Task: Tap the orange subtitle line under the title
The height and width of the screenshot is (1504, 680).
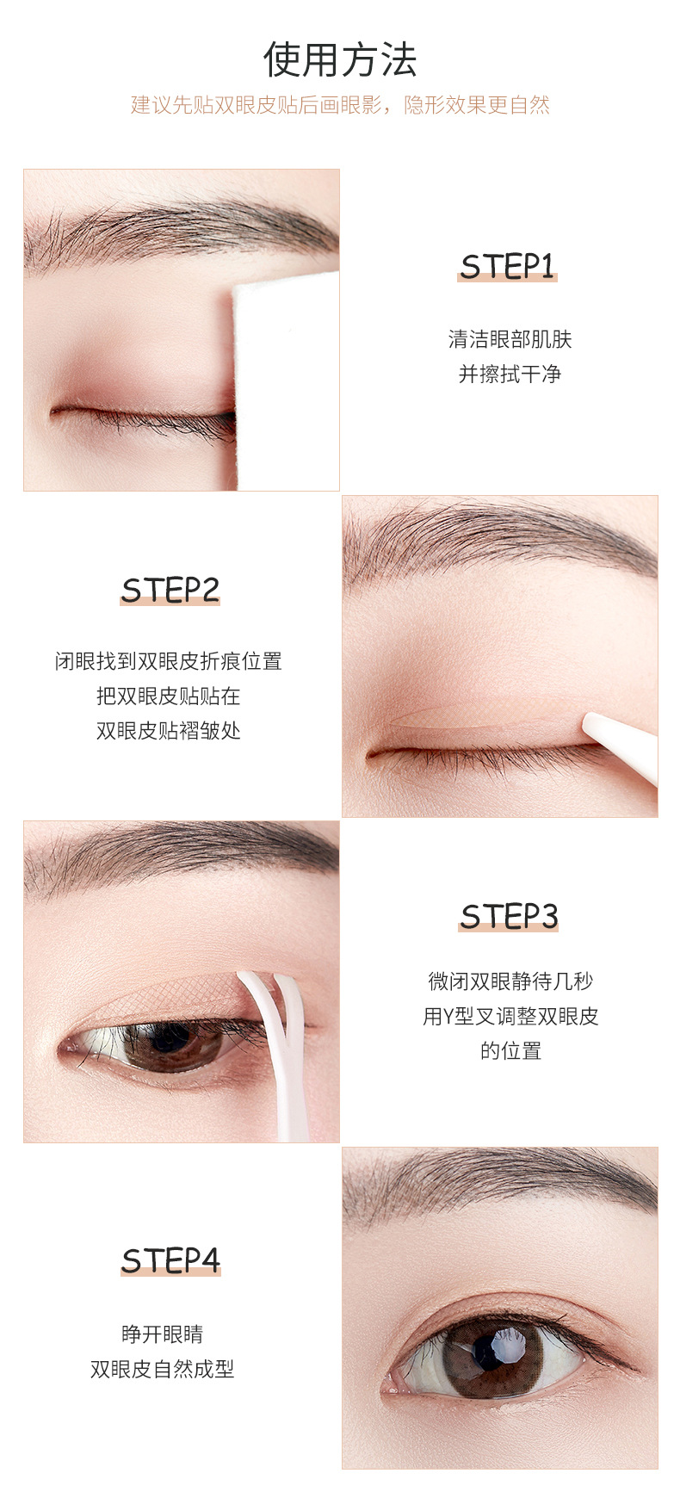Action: click(340, 105)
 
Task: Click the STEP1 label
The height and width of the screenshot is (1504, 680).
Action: click(508, 267)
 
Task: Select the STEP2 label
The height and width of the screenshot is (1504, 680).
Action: click(170, 591)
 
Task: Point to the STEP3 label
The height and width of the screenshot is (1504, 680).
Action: click(509, 916)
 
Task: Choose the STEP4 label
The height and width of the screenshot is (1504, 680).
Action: click(170, 1260)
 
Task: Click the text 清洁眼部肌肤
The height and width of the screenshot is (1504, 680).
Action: click(510, 339)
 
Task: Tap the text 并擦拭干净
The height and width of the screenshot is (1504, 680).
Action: click(510, 374)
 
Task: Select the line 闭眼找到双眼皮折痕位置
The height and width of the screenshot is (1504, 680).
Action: click(169, 661)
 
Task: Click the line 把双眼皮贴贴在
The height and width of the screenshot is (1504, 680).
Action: click(169, 696)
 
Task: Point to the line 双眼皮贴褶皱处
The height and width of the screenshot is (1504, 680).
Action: click(169, 731)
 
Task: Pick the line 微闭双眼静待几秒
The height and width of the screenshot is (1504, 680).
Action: click(510, 981)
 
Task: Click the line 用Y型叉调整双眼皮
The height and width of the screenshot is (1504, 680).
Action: click(510, 1016)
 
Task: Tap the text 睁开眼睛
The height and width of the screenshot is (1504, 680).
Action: click(163, 1334)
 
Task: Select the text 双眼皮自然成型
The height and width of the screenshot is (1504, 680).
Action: click(163, 1369)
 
